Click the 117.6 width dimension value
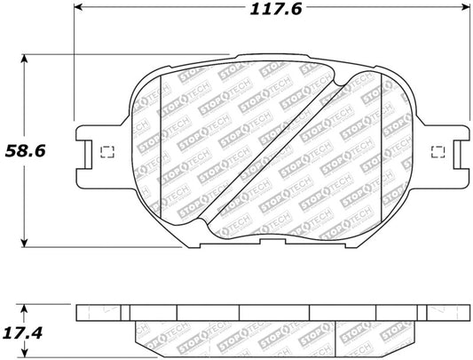[x=276, y=10]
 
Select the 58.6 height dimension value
[x=26, y=151]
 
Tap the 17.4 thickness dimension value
[x=22, y=333]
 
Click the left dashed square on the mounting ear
[x=107, y=152]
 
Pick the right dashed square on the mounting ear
[x=438, y=152]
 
